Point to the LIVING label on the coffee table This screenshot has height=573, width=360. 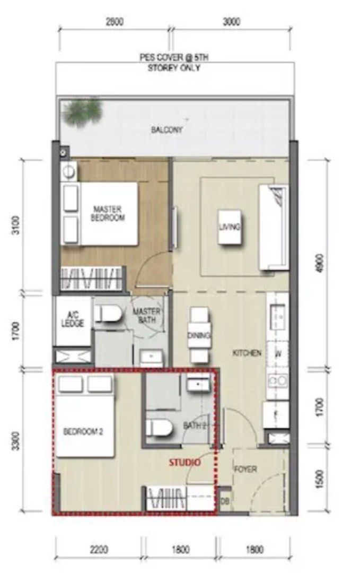click(230, 227)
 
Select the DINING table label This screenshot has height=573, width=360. click(199, 336)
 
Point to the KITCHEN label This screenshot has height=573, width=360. click(247, 353)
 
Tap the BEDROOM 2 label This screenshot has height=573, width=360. click(83, 432)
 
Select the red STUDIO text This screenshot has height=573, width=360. click(185, 463)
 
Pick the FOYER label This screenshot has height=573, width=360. click(245, 470)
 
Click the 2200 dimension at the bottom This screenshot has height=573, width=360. click(99, 549)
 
